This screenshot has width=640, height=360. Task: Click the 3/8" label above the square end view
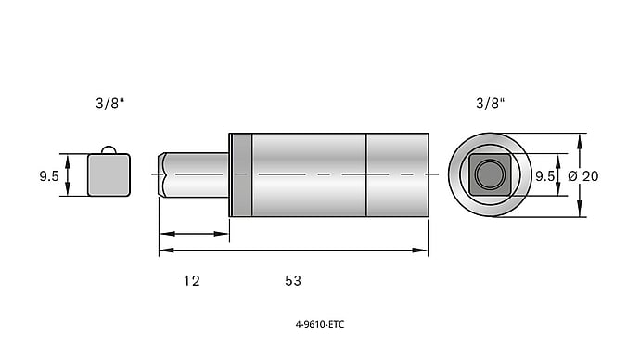[x=109, y=103]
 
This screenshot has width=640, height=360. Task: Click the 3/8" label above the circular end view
[x=491, y=103]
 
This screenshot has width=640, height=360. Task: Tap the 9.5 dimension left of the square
[x=49, y=176]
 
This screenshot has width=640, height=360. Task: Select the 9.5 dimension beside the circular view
[x=544, y=176]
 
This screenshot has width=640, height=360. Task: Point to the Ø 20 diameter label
[x=583, y=176]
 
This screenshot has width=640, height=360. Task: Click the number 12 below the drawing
[x=191, y=281]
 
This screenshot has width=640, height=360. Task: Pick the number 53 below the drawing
[x=293, y=281]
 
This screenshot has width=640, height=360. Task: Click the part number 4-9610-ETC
[x=320, y=325]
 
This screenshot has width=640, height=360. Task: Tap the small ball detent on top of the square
[x=109, y=149]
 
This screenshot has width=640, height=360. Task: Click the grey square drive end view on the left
[x=109, y=175]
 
